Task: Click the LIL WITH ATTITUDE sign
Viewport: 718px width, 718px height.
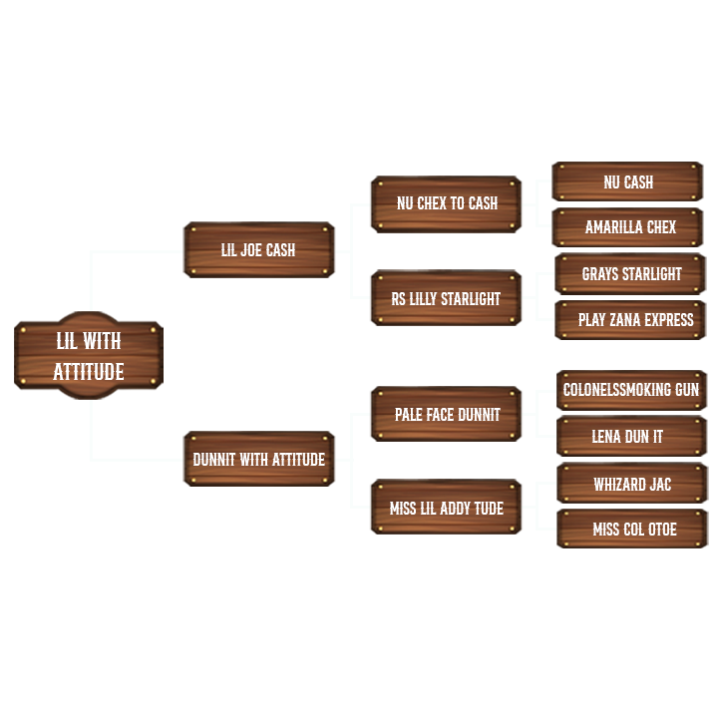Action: [x=89, y=356]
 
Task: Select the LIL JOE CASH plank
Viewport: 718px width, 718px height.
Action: [x=258, y=249]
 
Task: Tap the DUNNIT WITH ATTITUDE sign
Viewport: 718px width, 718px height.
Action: [x=258, y=460]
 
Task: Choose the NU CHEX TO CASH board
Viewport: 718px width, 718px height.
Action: [x=447, y=203]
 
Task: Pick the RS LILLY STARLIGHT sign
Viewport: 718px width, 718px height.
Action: [x=446, y=298]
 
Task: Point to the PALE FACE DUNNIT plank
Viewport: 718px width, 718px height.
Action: [x=447, y=414]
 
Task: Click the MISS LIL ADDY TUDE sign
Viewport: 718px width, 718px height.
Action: [x=446, y=508]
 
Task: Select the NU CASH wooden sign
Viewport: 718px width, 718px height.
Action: [x=628, y=182]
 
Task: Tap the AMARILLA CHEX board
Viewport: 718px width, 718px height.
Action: [x=630, y=227]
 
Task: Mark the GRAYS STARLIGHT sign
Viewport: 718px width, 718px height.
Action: [x=631, y=273]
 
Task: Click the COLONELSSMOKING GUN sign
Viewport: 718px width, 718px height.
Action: [x=631, y=390]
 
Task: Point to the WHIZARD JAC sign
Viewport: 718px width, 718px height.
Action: [x=632, y=484]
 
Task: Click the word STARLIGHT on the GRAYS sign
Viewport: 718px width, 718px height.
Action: [x=649, y=273]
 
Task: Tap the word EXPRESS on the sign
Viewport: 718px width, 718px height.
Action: [x=668, y=320]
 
